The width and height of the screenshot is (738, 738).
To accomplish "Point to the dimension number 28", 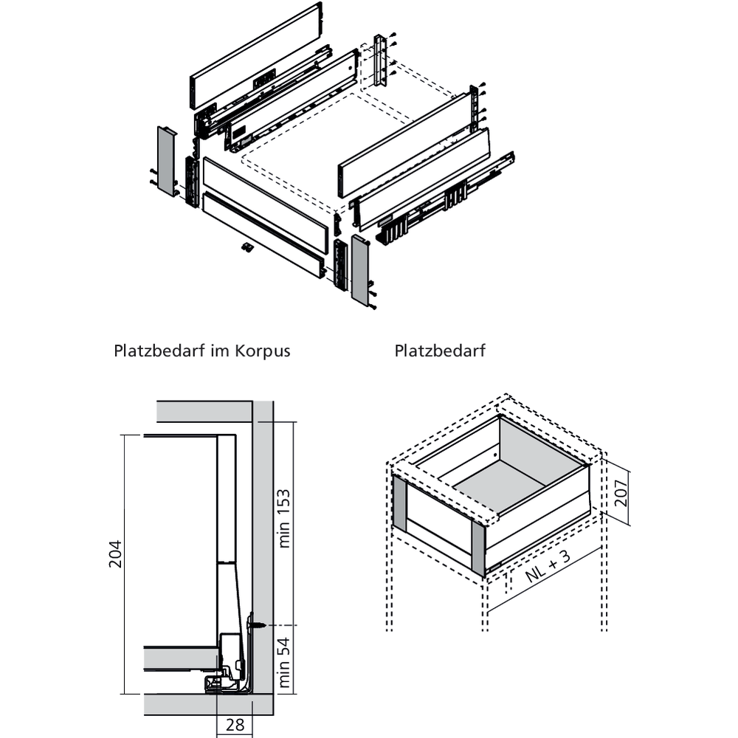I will tap(235, 725).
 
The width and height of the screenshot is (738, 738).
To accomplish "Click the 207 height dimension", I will tap(621, 488).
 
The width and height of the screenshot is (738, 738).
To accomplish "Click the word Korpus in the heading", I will tap(263, 351).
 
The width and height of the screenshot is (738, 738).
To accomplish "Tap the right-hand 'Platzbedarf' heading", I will tap(440, 351).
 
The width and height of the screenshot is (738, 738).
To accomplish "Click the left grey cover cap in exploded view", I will tap(166, 160).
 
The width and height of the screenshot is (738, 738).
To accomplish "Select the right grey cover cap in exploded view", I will tap(360, 269).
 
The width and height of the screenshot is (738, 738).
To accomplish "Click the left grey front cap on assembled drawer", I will tap(400, 503).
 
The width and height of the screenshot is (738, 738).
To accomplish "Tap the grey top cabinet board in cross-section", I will tap(204, 410).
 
